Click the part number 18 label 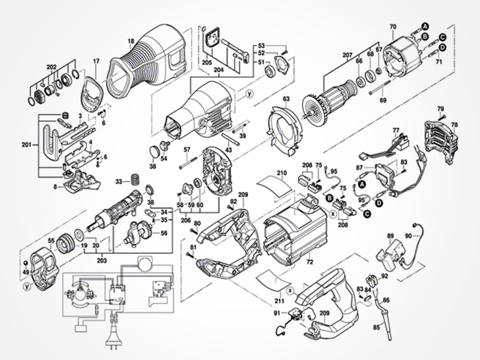click(x=131, y=41)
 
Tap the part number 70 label click(x=393, y=26)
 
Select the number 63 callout click(x=286, y=99)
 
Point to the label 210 click(x=282, y=173)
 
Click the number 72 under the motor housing click(x=310, y=262)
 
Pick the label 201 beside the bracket click(x=26, y=144)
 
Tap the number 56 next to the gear click(x=164, y=233)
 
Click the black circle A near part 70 click(x=425, y=26)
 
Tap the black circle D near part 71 click(x=442, y=47)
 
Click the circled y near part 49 click(x=27, y=287)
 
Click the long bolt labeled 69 click(x=380, y=87)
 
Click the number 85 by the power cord click(x=376, y=327)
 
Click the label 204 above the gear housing click(x=218, y=69)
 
